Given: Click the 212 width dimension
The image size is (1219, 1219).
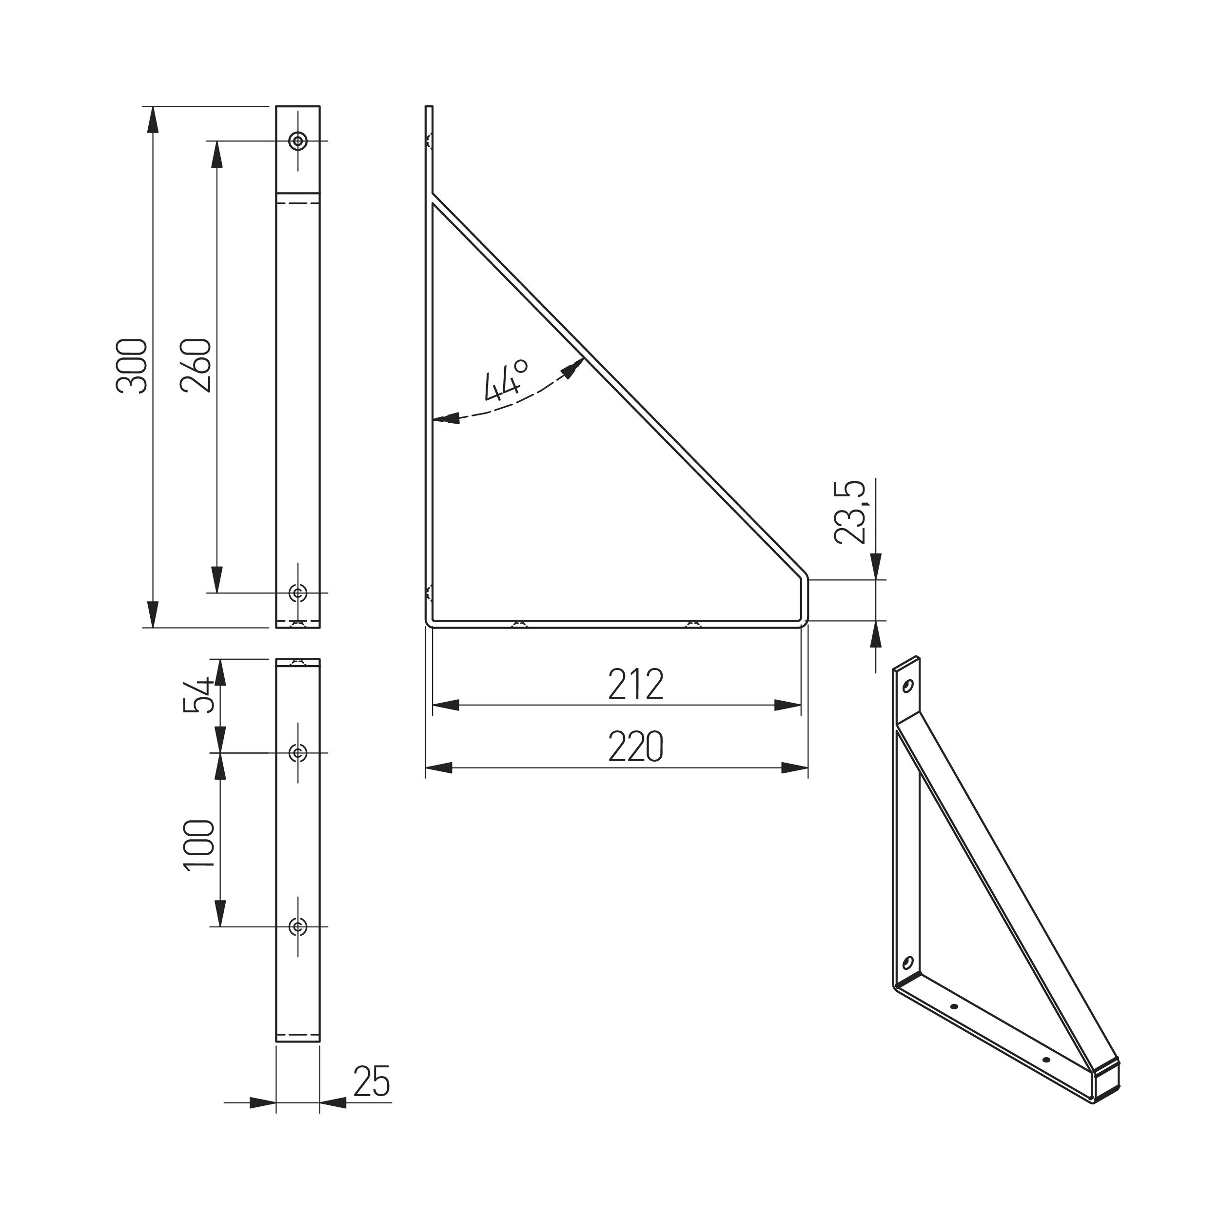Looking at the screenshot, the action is point(636,684).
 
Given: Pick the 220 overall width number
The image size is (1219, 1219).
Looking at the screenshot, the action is point(636,747).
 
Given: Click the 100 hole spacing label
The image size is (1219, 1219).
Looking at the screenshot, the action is point(199,845).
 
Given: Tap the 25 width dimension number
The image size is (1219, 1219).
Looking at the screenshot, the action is point(372,1081).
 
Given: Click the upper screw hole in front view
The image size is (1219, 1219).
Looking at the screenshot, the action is point(298,141).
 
